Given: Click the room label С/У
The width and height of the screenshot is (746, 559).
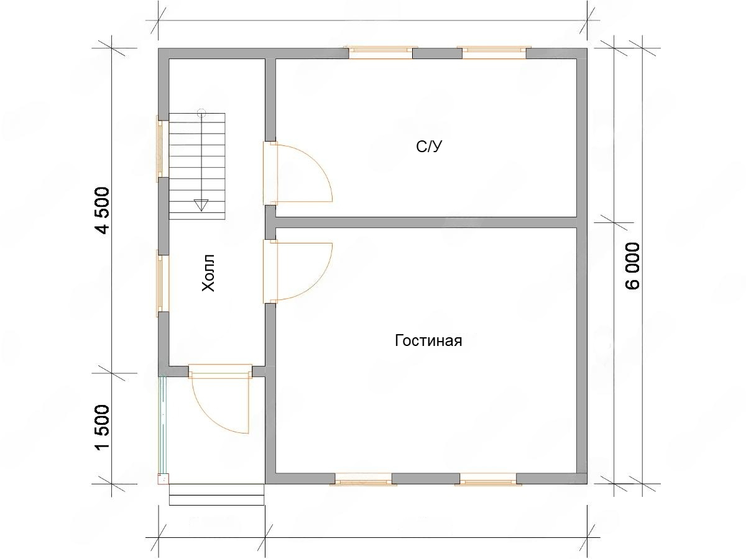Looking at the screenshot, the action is (x=429, y=147).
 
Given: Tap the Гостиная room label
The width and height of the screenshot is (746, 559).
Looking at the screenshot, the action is (x=428, y=340).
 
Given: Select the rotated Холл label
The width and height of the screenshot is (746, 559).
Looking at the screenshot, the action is (x=208, y=273).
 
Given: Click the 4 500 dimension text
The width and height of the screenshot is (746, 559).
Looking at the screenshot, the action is (x=103, y=211).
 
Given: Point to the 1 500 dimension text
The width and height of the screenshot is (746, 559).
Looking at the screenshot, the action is (x=103, y=427).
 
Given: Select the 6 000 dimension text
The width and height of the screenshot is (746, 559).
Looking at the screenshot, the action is (x=632, y=266).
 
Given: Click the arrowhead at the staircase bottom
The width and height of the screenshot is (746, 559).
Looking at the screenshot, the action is (x=201, y=205).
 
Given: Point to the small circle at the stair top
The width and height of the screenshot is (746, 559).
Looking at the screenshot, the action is (x=201, y=112).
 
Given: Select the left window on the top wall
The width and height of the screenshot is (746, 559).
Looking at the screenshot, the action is (x=380, y=53).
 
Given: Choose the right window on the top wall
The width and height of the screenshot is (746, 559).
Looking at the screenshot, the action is (x=494, y=53).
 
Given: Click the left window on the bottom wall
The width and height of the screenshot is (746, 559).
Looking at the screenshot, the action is (x=363, y=479).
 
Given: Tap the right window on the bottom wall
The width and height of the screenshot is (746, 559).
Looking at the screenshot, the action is (x=488, y=479).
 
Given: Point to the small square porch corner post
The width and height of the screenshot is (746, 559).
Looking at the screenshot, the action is (x=163, y=479).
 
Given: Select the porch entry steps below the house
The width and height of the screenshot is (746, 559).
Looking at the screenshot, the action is (x=217, y=495).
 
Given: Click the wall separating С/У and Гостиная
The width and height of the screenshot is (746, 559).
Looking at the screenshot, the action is (x=426, y=222).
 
